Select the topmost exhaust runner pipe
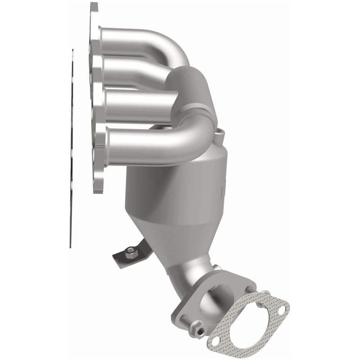tap(148, 39)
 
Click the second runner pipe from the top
tap(135, 67)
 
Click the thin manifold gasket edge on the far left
tap(72, 148)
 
